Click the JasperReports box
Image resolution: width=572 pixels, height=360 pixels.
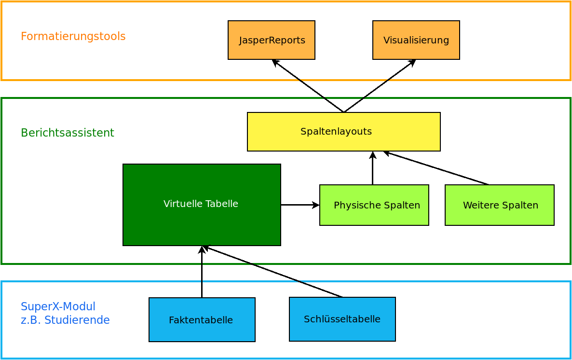(x=272, y=40)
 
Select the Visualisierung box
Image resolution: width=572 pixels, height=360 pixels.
(x=416, y=40)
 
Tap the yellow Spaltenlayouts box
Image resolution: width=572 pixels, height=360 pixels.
(x=344, y=132)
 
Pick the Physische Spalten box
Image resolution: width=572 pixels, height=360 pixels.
(x=374, y=205)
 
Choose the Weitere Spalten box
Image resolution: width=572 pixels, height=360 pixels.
(x=500, y=205)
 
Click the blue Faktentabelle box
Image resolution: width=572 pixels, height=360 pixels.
(x=202, y=319)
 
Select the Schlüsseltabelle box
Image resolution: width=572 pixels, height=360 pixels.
(x=342, y=319)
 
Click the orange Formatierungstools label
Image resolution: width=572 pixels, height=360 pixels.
(x=73, y=36)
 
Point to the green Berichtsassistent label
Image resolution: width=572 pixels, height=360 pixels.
(x=68, y=133)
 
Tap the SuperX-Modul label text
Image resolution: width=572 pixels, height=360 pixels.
(x=58, y=306)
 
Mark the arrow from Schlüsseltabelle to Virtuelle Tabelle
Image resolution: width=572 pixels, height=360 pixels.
(x=272, y=272)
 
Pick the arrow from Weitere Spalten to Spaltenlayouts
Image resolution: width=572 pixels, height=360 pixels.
(x=436, y=168)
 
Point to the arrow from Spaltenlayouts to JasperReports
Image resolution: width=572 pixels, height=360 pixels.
(x=308, y=86)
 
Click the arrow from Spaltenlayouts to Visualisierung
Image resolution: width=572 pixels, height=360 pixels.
(x=380, y=86)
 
